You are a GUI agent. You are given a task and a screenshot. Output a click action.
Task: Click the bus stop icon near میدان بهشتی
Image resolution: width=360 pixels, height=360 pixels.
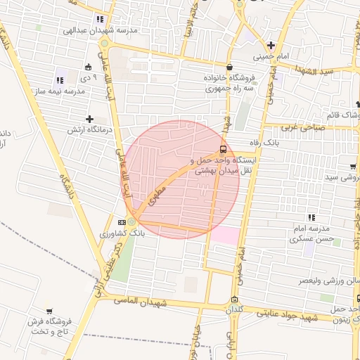pyautogui.click(x=224, y=149)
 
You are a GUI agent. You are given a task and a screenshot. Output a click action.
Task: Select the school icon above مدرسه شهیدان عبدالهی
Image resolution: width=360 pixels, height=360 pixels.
pyautogui.click(x=100, y=20)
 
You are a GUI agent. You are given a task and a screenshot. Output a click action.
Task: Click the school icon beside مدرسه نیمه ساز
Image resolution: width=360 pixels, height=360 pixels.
pyautogui.click(x=60, y=80)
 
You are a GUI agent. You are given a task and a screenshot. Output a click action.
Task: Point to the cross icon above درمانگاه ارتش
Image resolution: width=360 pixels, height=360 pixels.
pyautogui.click(x=89, y=119)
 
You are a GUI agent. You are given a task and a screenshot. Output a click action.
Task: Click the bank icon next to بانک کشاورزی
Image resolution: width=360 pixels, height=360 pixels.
pyautogui.click(x=122, y=223)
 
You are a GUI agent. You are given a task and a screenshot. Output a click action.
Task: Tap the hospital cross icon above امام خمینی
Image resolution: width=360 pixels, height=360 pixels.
pyautogui.click(x=271, y=45)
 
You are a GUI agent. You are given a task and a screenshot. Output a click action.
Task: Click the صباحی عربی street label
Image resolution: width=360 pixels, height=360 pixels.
pyautogui.click(x=301, y=127)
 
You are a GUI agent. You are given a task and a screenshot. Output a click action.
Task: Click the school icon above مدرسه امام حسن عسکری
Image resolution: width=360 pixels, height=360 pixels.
pyautogui.click(x=311, y=217)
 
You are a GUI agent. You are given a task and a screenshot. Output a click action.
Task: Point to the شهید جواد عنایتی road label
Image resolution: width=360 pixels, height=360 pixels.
pyautogui.click(x=288, y=318)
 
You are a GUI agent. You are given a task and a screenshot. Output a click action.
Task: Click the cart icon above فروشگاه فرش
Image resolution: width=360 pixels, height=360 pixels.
pyautogui.click(x=49, y=311)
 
